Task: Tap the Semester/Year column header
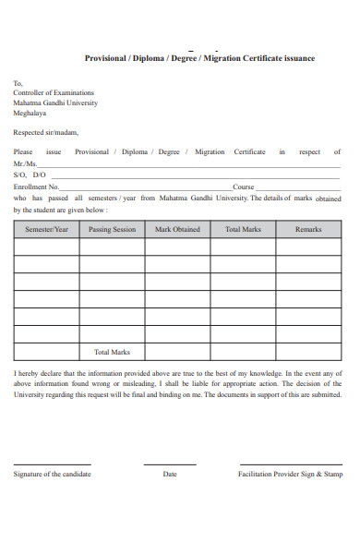coord(46,229)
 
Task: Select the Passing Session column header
coord(112,229)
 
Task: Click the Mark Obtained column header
coord(177,229)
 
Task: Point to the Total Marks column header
coord(244,229)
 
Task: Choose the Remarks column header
coord(308,229)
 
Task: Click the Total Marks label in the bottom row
coord(112,352)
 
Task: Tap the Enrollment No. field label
coord(36,187)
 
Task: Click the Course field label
coord(243,187)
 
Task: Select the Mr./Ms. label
coord(25,163)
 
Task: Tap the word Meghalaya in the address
coord(30,114)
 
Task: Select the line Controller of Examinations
coord(54,93)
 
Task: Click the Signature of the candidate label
coord(52,474)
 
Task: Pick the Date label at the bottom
coord(170,474)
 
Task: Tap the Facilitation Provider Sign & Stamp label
coord(290,474)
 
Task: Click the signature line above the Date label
coord(170,464)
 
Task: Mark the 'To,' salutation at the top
coord(18,83)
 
